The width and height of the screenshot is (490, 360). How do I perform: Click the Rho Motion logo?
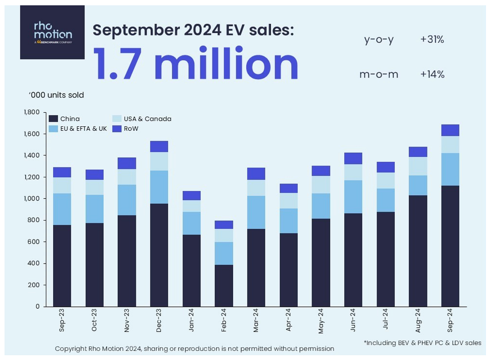tap(52, 32)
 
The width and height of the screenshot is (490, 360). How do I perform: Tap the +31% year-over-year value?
tap(432, 40)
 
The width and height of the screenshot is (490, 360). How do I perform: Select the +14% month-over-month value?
tap(432, 74)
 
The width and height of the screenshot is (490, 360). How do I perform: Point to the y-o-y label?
tap(379, 40)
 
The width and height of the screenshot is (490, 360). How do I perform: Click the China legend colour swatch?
tap(53, 119)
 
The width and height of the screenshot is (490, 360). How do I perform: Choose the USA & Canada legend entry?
tap(142, 119)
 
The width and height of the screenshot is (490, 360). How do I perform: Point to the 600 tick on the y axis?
tap(34, 242)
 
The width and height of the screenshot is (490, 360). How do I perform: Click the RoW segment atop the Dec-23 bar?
tap(159, 146)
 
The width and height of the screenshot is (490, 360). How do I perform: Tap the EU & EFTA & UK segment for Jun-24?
tap(353, 197)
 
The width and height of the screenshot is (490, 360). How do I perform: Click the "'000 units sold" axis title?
tap(56, 95)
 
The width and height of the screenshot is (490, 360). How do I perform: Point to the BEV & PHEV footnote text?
tap(422, 342)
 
